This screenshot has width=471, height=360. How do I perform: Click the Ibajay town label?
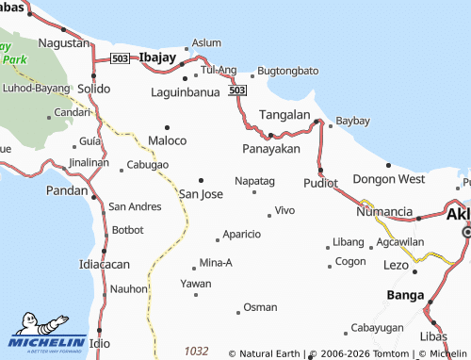(x=158, y=57)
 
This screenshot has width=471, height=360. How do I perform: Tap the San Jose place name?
(x=201, y=194)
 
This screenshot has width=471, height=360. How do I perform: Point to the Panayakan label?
(x=270, y=149)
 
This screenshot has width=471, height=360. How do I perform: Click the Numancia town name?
(x=387, y=211)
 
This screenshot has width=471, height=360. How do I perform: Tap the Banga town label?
(x=406, y=295)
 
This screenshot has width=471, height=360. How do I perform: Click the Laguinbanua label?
(x=186, y=92)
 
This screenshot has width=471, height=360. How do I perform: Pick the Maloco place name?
(x=168, y=140)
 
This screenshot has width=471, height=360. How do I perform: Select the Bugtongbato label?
(x=288, y=71)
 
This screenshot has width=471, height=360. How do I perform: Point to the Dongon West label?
(x=389, y=178)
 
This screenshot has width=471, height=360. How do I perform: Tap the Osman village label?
(x=260, y=307)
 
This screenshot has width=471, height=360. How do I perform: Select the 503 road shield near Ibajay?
(x=119, y=58)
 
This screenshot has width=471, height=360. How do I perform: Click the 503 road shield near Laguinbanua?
(x=237, y=90)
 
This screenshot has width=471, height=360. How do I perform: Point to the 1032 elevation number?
(x=196, y=351)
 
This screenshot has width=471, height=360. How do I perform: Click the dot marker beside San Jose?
(x=201, y=180)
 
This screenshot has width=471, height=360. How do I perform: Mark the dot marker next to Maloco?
(x=168, y=126)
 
